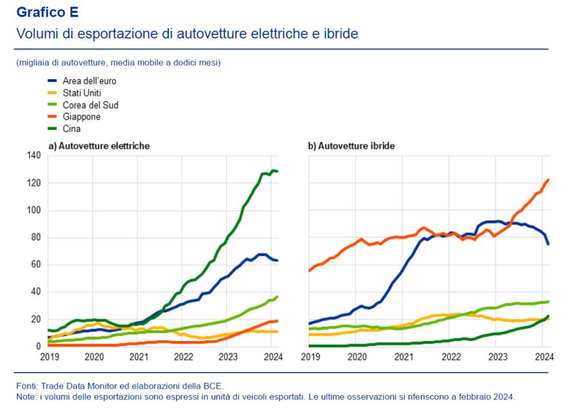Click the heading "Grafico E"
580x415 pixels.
coord(47,12)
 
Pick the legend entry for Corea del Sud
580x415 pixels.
coord(90,105)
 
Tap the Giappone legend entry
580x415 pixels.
coord(81,117)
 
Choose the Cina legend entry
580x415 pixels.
coord(72,129)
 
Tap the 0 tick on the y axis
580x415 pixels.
coord(38,347)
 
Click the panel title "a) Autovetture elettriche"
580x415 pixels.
coord(99,146)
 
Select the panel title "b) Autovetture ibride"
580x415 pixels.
coord(351,146)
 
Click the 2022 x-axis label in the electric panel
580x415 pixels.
coord(183,356)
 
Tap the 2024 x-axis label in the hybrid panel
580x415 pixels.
coord(543,356)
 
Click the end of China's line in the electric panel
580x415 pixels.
coord(277,171)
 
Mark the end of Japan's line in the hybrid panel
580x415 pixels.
coord(548,180)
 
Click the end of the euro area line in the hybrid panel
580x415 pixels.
coord(548,244)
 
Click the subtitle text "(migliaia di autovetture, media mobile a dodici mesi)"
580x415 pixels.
coord(119,63)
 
